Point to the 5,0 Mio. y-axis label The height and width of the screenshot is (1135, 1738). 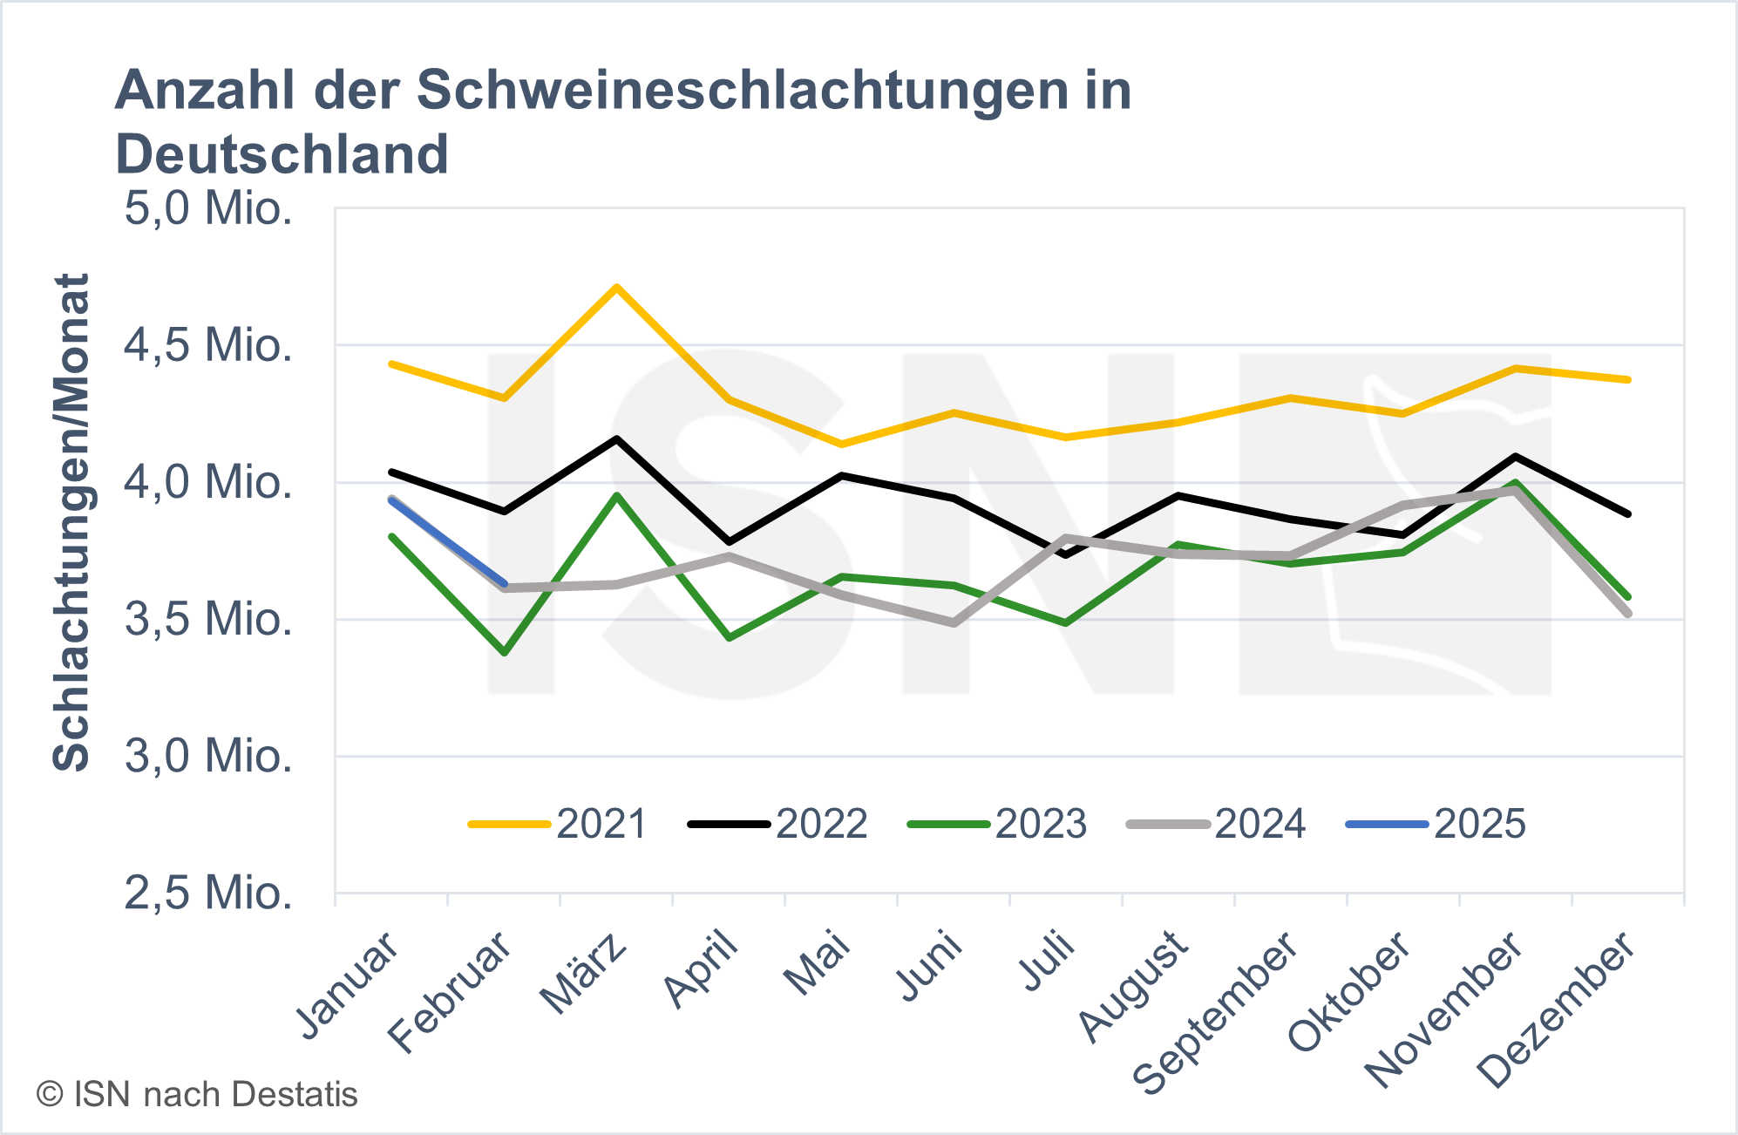[x=208, y=209]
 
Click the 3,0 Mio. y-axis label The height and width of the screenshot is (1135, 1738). [x=208, y=756]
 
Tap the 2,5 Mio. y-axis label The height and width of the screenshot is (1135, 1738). [x=208, y=893]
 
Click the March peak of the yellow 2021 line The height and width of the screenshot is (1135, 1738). [x=616, y=287]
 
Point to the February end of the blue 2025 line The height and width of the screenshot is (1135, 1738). [x=505, y=584]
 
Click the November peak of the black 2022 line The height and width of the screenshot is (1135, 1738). [x=1516, y=456]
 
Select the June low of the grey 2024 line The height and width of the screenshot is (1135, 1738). [x=954, y=623]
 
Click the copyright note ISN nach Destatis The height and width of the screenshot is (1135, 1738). [x=197, y=1095]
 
